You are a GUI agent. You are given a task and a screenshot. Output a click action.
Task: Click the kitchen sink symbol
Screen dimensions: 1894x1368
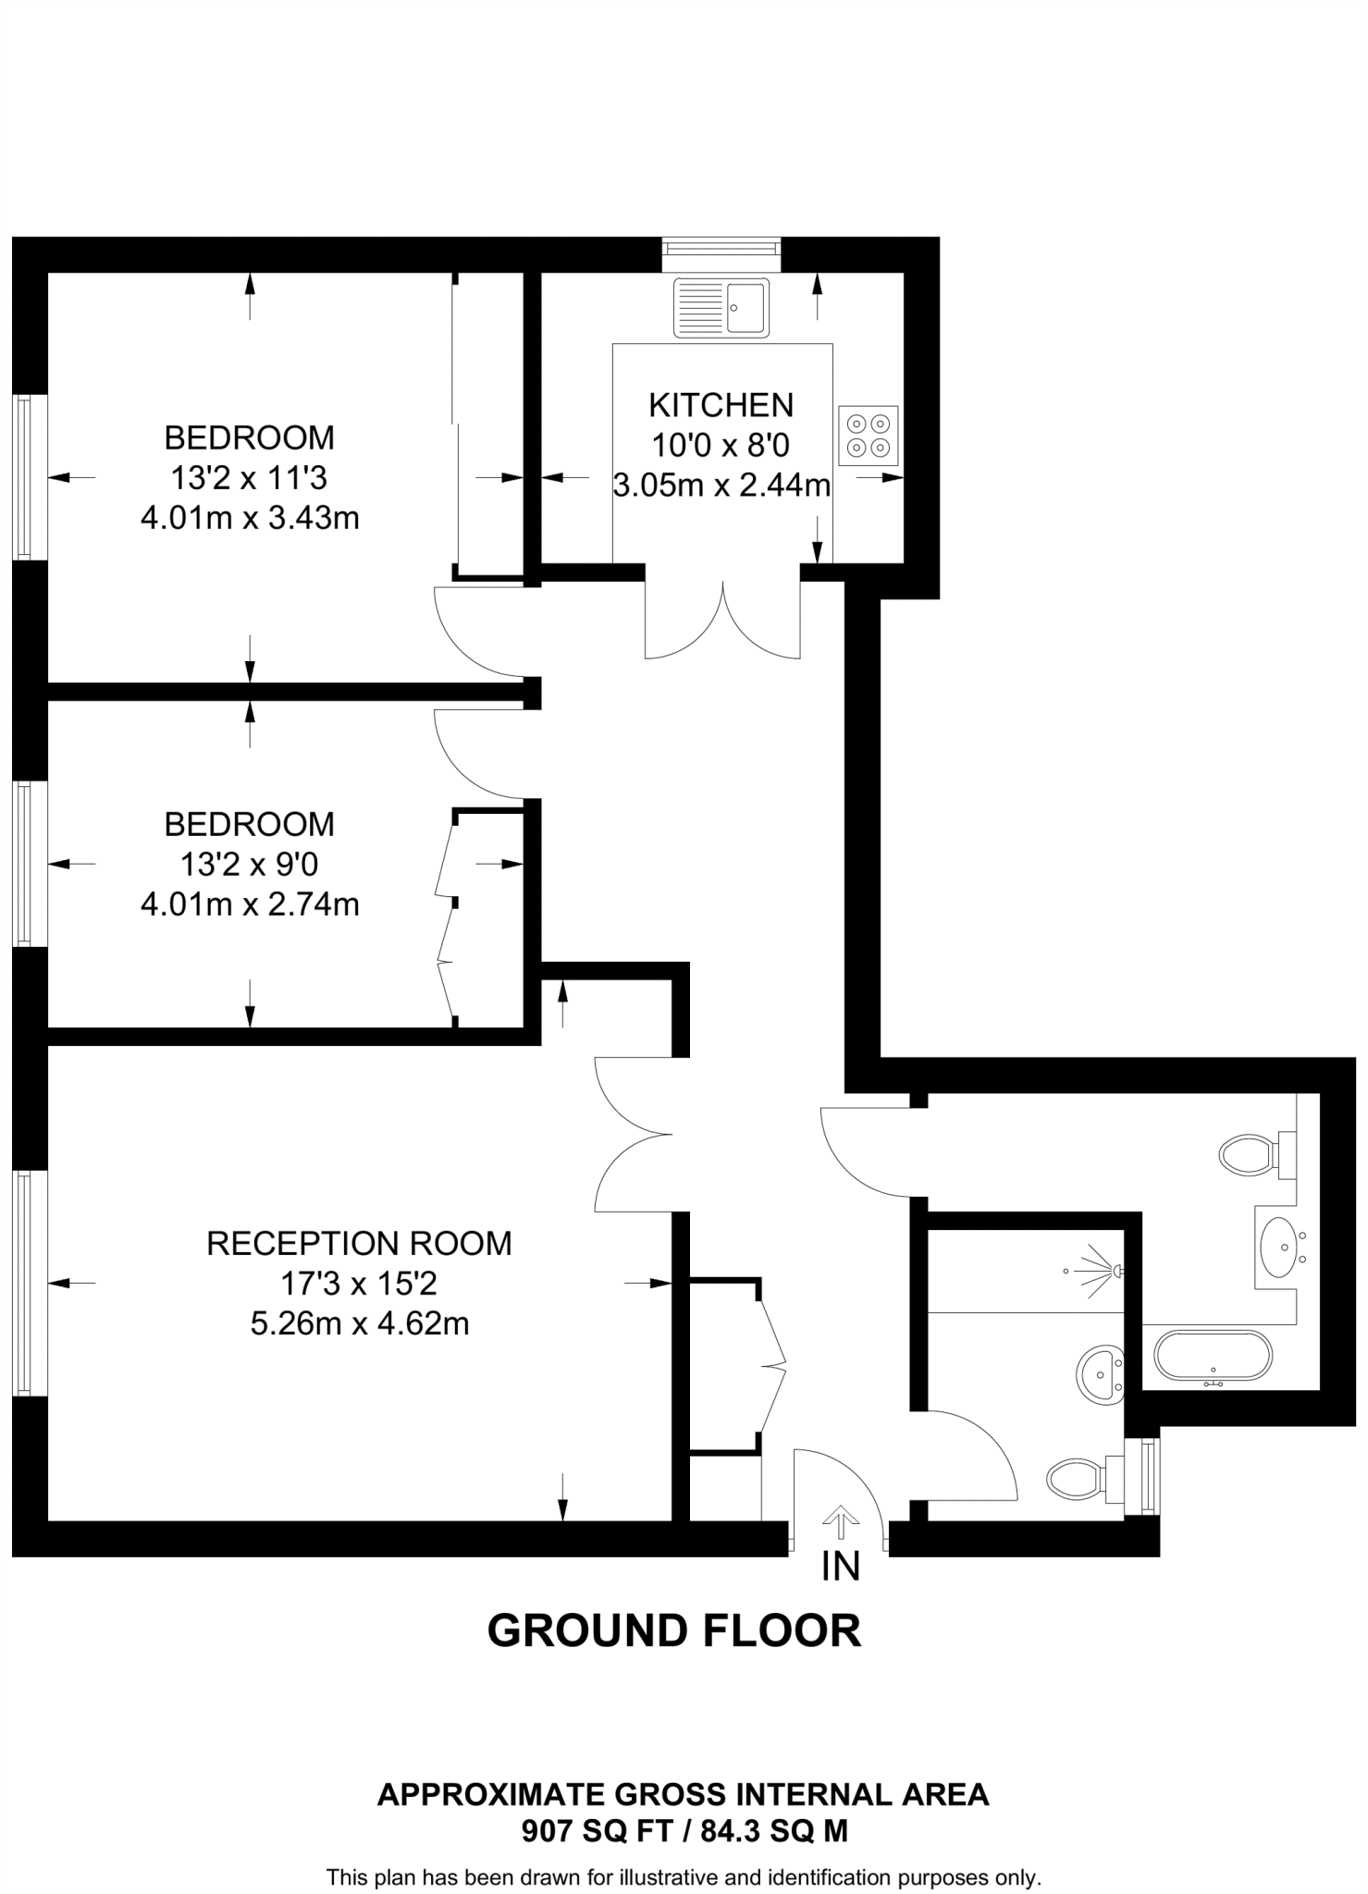coord(721,306)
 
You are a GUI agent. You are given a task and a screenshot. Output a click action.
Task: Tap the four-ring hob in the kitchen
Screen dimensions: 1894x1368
coord(868,436)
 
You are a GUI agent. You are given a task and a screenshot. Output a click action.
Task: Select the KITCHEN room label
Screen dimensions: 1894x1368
coord(721,405)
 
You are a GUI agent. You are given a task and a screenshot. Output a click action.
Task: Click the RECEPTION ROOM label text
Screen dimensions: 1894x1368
coord(359,1243)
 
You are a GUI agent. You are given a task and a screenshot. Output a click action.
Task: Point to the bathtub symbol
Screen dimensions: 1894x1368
coord(1213,1357)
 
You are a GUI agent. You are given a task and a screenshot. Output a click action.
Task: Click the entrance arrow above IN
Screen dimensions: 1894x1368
coord(840,1521)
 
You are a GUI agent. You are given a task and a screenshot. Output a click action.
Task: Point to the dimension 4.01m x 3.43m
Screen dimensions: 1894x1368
coord(250,518)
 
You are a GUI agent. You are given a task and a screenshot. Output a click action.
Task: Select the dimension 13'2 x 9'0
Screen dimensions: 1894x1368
coord(250,865)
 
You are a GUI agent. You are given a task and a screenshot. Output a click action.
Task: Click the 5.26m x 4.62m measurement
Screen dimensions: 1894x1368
coord(359,1323)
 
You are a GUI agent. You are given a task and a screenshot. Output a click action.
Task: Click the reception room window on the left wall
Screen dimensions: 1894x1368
coord(24,1283)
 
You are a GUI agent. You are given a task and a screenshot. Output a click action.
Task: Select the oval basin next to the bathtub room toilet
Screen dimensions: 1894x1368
coord(1280,1246)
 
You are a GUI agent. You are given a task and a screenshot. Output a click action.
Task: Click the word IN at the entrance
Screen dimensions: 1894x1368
coord(840,1567)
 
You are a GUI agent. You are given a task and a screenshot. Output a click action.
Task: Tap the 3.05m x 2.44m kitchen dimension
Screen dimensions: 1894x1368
coord(721,485)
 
